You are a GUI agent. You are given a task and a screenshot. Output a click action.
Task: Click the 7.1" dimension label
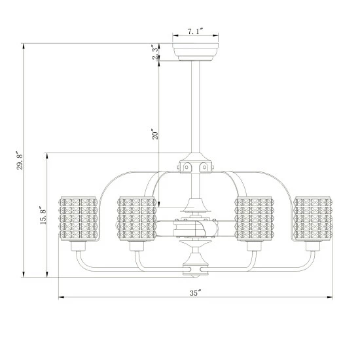(196, 31)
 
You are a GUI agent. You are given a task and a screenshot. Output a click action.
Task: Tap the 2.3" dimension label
(155, 52)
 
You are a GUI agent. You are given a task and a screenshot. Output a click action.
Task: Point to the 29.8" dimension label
(20, 160)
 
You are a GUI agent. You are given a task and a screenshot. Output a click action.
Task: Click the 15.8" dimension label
(43, 215)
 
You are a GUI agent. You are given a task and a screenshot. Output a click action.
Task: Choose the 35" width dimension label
(196, 293)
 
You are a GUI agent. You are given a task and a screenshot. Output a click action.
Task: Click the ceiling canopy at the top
(196, 52)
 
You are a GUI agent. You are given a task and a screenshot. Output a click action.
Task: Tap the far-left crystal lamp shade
(79, 219)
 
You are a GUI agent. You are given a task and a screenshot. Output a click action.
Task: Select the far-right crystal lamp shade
(313, 219)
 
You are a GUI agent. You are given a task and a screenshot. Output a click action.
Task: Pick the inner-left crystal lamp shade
(137, 219)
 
